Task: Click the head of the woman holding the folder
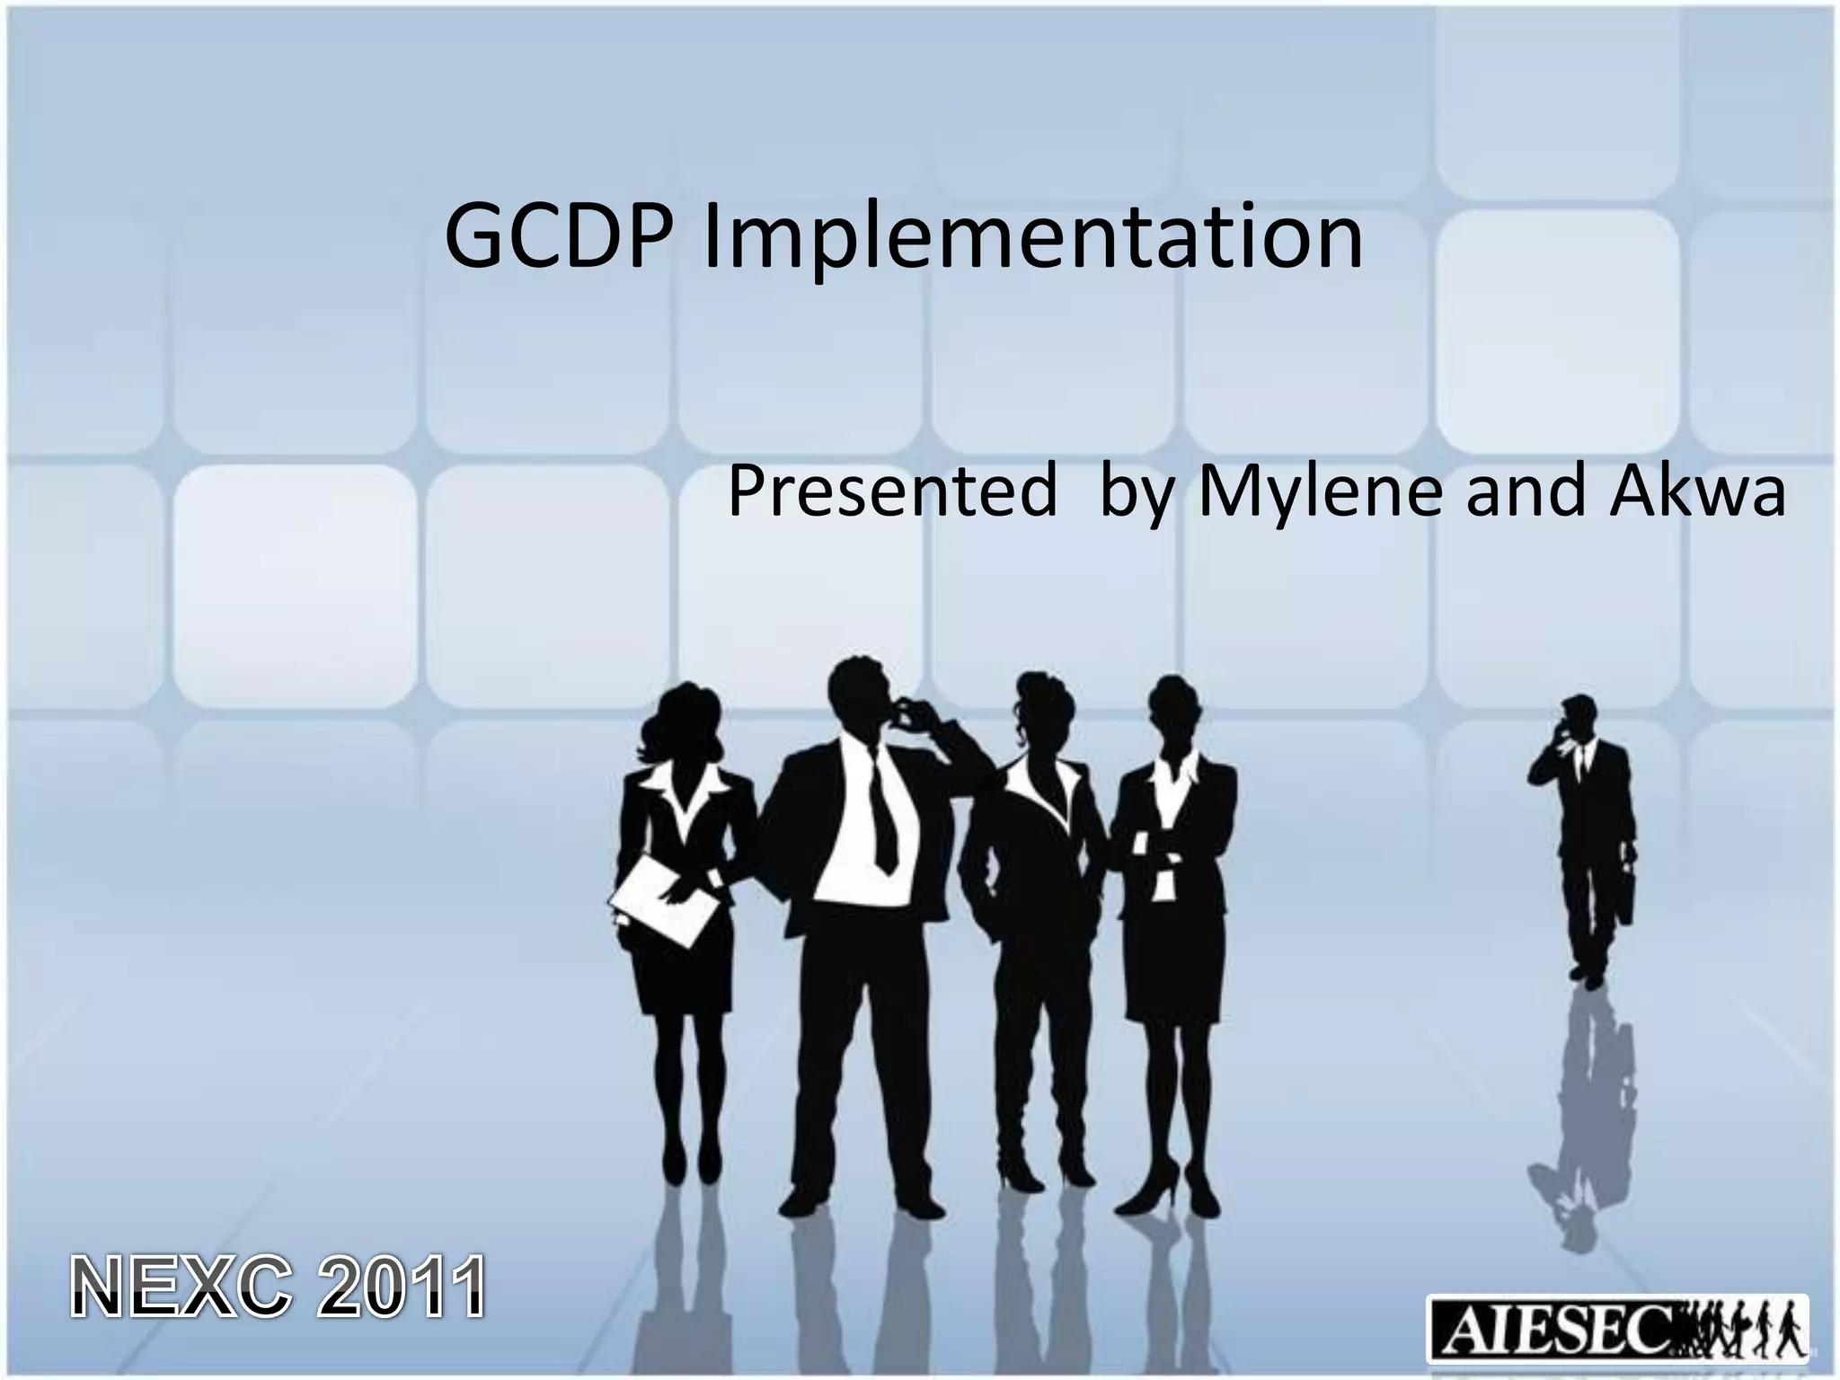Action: pos(684,719)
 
